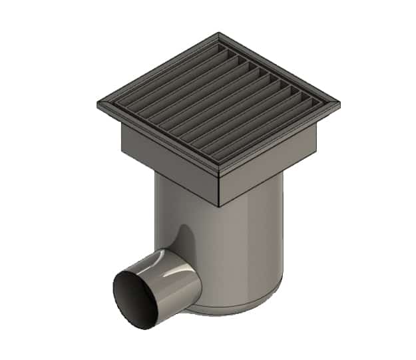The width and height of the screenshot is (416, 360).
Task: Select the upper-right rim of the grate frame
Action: [280, 67]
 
